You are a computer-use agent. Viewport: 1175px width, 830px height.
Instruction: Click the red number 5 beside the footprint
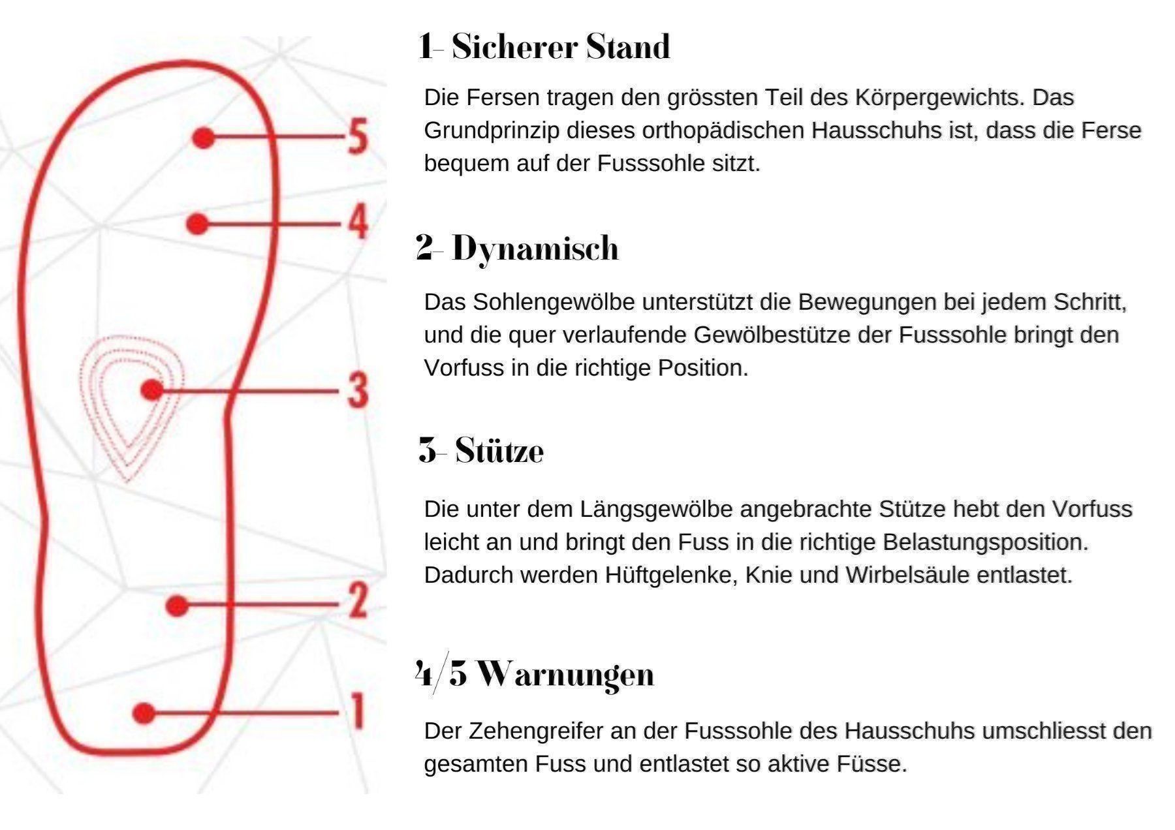click(x=357, y=137)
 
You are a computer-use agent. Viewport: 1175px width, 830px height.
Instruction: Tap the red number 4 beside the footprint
click(x=357, y=222)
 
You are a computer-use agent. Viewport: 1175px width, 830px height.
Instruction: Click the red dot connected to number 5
click(x=204, y=137)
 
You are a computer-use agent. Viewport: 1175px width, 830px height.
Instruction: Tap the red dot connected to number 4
click(x=197, y=224)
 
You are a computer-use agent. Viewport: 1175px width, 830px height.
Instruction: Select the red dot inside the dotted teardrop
click(x=152, y=390)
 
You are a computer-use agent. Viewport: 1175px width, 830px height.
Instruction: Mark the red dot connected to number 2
click(x=177, y=606)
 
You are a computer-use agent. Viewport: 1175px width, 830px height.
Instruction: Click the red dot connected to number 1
click(x=144, y=713)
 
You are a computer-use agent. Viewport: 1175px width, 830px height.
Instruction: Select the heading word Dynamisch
click(x=535, y=249)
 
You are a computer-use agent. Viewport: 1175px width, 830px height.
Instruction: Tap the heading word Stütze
click(x=499, y=450)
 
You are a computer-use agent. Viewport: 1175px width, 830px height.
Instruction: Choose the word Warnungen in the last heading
click(x=565, y=675)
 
